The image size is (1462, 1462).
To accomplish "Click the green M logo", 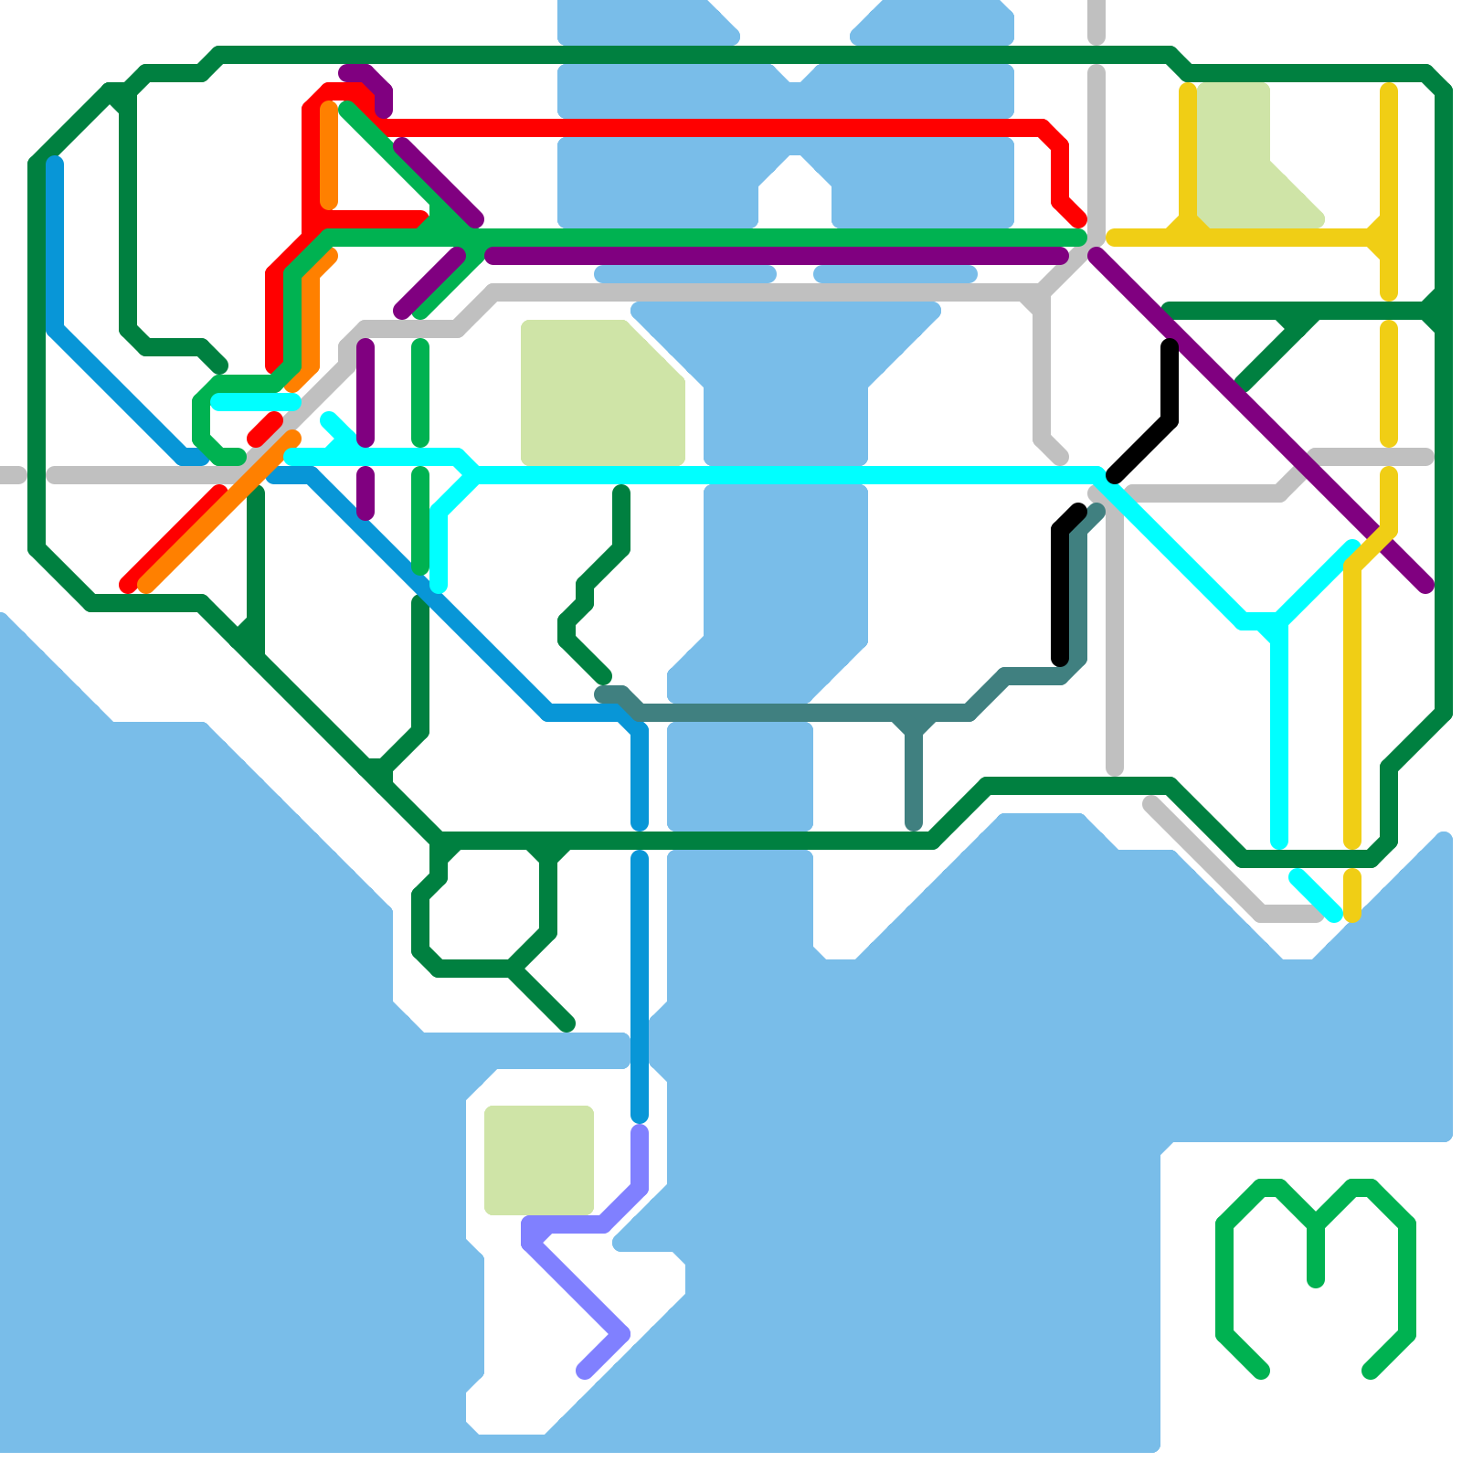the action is pyautogui.click(x=1316, y=1261).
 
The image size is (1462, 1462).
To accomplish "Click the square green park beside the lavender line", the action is pyautogui.click(x=539, y=1160).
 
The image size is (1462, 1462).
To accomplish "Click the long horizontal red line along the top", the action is pyautogui.click(x=713, y=128).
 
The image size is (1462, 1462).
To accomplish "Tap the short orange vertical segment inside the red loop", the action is pyautogui.click(x=329, y=155).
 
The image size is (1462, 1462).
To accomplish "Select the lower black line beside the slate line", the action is pyautogui.click(x=1060, y=594).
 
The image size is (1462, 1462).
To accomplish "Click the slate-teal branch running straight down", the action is pyautogui.click(x=914, y=777).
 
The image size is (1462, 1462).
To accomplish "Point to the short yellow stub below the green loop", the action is pyautogui.click(x=1352, y=895).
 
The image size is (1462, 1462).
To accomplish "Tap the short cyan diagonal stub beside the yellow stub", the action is pyautogui.click(x=1316, y=895).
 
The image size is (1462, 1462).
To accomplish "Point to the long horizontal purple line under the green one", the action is pyautogui.click(x=777, y=256).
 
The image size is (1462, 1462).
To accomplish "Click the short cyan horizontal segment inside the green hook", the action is pyautogui.click(x=256, y=401).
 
